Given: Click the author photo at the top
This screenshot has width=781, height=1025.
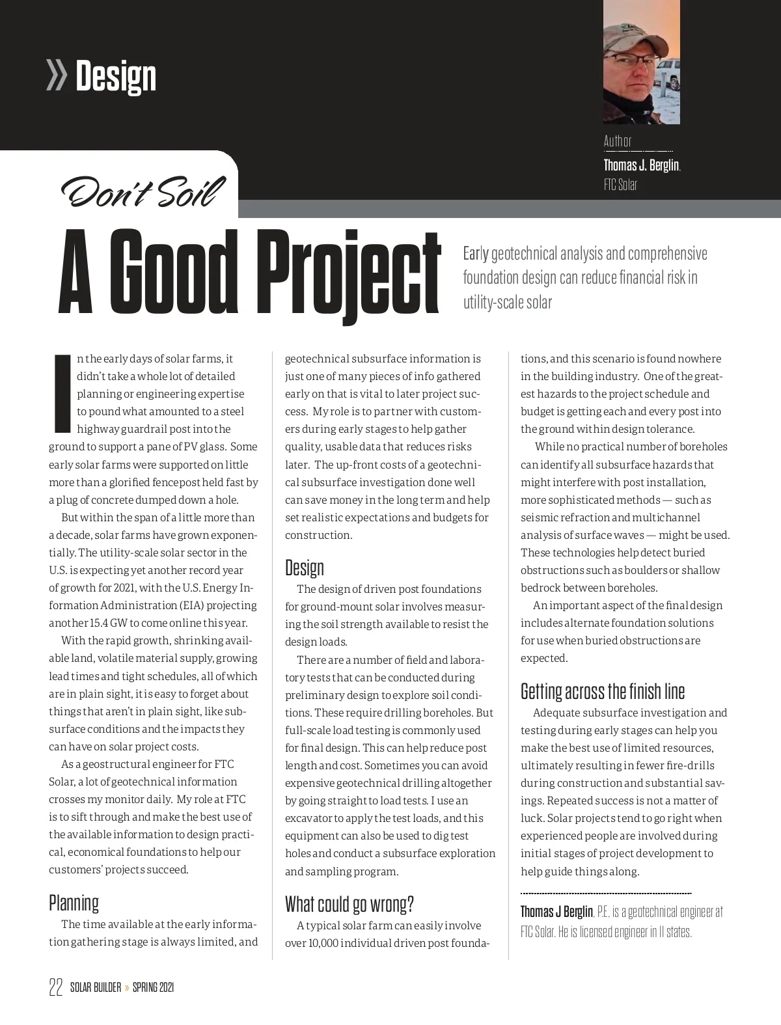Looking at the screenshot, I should point(641,62).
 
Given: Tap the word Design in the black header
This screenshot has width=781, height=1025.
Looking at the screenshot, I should point(116,76).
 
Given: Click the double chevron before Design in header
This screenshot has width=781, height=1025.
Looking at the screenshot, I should point(57,75).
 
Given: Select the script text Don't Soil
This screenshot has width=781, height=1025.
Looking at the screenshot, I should point(143,191).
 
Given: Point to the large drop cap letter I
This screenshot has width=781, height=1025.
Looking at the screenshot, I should point(61,393).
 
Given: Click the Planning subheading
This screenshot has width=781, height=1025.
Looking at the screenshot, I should point(74,903).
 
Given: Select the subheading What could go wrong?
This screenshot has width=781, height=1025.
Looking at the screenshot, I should point(349,904).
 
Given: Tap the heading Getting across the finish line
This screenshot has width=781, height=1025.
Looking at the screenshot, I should point(602,691).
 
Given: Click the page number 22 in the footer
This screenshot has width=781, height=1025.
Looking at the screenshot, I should point(56,987).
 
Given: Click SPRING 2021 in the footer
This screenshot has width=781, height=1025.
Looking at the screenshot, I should point(153,987).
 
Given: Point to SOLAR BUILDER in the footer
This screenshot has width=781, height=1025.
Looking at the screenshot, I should point(96,987).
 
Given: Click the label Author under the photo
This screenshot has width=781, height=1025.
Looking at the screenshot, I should point(617,141).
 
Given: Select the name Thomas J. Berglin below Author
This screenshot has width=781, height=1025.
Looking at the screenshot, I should point(641,165).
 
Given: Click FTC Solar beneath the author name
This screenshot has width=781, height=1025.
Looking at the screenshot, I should point(620,185).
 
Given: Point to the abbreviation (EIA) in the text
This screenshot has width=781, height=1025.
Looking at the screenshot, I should point(187,605).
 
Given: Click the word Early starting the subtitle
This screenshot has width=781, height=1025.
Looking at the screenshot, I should point(475,253).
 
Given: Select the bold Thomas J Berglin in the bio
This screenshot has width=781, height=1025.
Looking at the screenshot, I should point(556,911).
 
